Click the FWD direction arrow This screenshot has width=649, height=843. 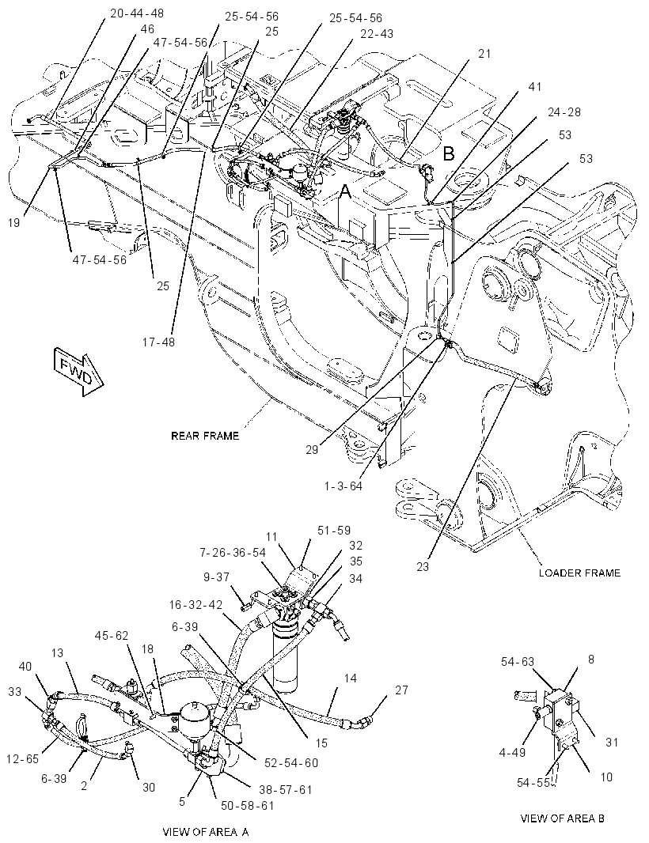pyautogui.click(x=78, y=372)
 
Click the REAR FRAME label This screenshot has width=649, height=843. pyautogui.click(x=205, y=436)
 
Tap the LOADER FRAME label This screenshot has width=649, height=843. pyautogui.click(x=579, y=573)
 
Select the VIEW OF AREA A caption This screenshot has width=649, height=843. pyautogui.click(x=206, y=832)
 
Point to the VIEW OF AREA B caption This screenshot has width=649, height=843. pyautogui.click(x=562, y=818)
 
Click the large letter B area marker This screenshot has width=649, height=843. pyautogui.click(x=448, y=153)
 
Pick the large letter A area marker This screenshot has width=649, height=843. pyautogui.click(x=344, y=191)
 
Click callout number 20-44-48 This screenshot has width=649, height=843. pyautogui.click(x=137, y=13)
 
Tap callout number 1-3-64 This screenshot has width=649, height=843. pyautogui.click(x=343, y=486)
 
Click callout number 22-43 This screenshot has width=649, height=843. pyautogui.click(x=377, y=33)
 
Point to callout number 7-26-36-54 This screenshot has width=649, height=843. pyautogui.click(x=233, y=553)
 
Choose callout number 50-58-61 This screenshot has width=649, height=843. pyautogui.click(x=248, y=805)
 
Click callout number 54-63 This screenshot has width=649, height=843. pyautogui.click(x=518, y=662)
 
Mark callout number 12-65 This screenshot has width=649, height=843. pyautogui.click(x=23, y=759)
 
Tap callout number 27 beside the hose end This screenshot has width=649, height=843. pyautogui.click(x=401, y=690)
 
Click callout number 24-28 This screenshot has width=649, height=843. pyautogui.click(x=564, y=112)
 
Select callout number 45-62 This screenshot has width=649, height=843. pyautogui.click(x=112, y=636)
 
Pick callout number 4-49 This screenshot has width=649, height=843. pyautogui.click(x=512, y=752)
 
